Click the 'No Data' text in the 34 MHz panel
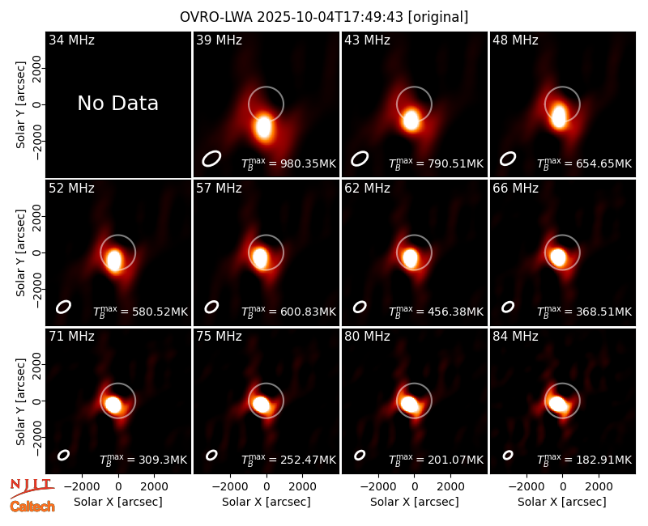[117, 104]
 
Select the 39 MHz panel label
[219, 40]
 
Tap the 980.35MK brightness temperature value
[309, 163]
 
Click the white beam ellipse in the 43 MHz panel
[360, 159]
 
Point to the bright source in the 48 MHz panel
[559, 116]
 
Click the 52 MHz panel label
[71, 189]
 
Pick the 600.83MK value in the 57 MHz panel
[309, 312]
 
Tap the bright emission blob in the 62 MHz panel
[411, 257]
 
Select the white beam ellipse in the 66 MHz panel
[508, 307]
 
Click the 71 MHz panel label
[71, 337]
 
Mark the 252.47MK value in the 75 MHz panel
[309, 460]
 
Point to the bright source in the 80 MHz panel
[410, 403]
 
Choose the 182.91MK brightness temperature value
[604, 460]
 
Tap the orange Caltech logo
[32, 507]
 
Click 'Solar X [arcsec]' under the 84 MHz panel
[562, 502]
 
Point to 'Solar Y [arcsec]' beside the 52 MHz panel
[21, 252]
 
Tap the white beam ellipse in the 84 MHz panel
[508, 455]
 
